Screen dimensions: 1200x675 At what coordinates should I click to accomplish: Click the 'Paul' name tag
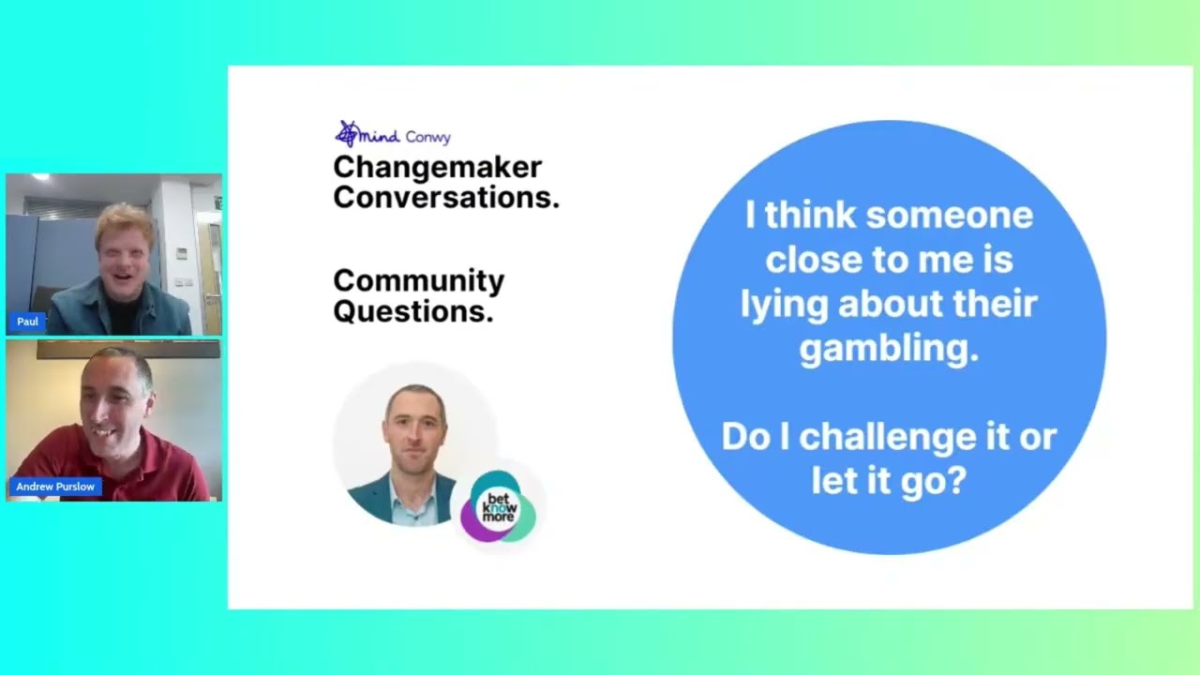pos(27,322)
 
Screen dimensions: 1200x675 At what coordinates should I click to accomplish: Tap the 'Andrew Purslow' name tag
pos(55,487)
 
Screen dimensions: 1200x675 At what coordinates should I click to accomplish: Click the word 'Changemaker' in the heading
pos(437,168)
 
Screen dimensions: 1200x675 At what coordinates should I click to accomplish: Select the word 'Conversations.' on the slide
pos(446,197)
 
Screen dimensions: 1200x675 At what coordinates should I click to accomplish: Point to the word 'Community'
pos(418,281)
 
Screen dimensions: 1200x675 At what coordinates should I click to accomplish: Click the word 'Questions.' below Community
pos(413,311)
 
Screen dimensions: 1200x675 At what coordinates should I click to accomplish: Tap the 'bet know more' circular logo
pos(499,507)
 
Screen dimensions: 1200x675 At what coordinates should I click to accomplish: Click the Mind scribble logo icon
pos(348,133)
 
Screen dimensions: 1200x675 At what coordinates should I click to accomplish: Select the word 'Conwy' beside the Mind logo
pos(428,138)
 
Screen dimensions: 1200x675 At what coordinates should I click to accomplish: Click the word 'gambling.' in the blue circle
pos(890,350)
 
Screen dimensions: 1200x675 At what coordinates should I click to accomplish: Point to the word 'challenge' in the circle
pos(887,437)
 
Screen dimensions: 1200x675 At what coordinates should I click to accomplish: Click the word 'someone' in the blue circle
pos(950,216)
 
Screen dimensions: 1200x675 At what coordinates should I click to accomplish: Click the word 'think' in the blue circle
pos(810,216)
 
